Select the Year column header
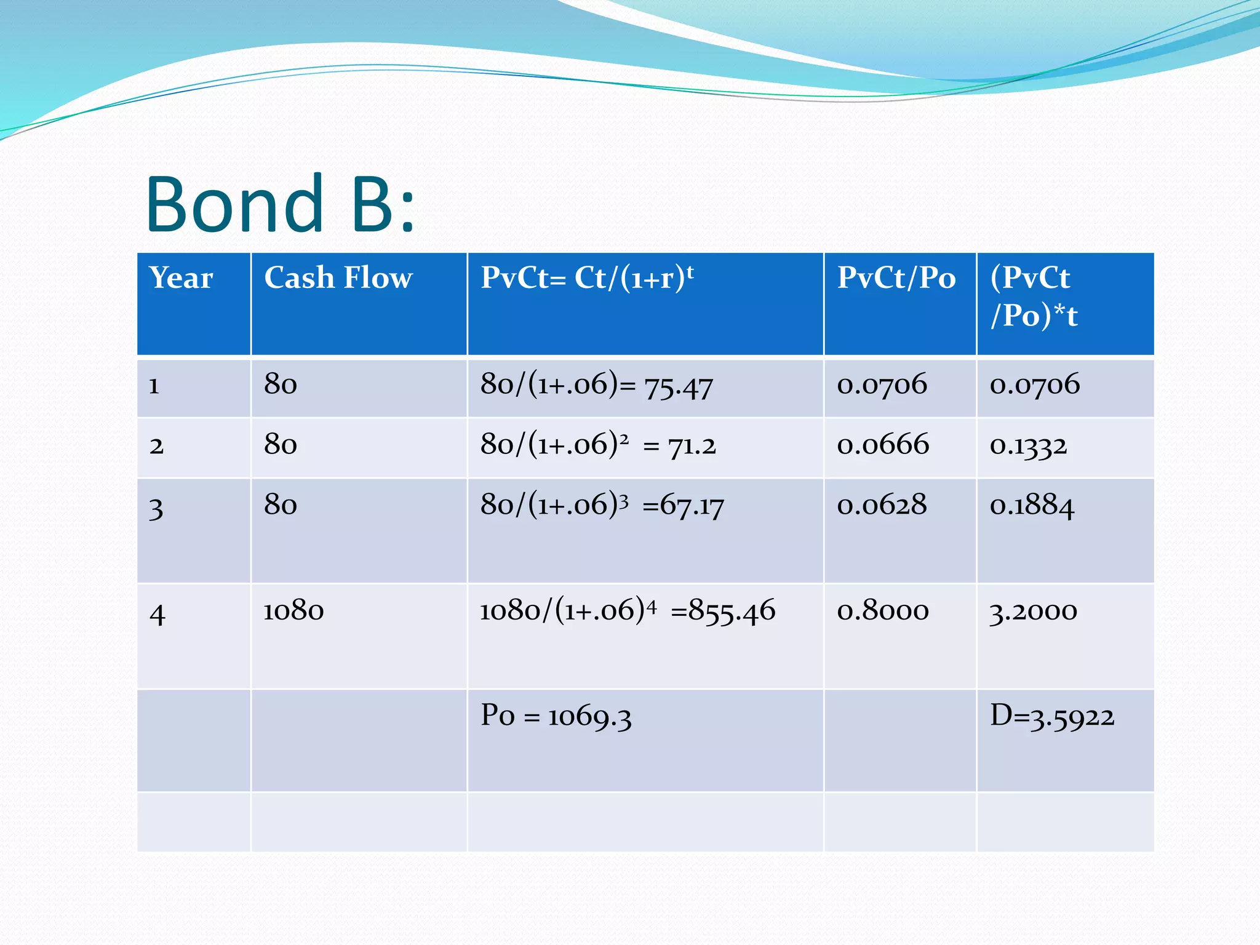tap(181, 278)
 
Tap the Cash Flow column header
tap(338, 278)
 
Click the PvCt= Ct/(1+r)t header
tap(587, 278)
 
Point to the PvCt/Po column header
tap(896, 278)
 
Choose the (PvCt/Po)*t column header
tap(1034, 297)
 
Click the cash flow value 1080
tap(293, 611)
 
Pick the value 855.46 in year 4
tap(732, 612)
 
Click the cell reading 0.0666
tap(883, 445)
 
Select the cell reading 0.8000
tap(883, 611)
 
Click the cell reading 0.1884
tap(1032, 506)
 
